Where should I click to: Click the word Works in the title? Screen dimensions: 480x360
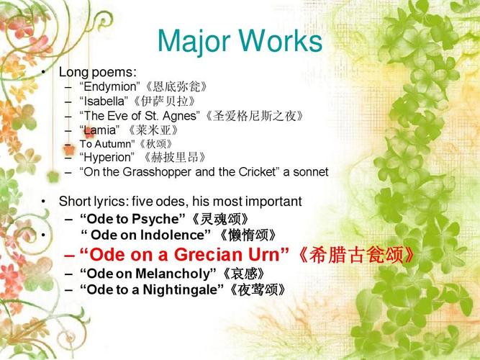(281, 40)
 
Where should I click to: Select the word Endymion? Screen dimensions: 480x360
(110, 87)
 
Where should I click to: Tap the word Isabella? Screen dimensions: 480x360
(104, 101)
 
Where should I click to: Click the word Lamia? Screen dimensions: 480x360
(100, 130)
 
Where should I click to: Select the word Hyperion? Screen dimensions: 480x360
(107, 158)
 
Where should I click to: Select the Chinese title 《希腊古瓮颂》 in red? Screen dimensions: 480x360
(356, 255)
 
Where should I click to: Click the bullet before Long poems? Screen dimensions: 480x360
(43, 72)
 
